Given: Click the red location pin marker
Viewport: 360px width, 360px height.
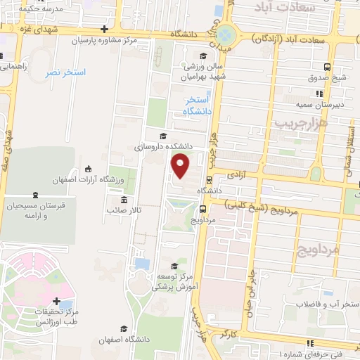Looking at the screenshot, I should coord(181,166).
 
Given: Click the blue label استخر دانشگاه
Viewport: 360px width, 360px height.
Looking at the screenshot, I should coord(198,106).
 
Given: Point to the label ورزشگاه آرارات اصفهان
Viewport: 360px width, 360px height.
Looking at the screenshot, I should coord(88,180).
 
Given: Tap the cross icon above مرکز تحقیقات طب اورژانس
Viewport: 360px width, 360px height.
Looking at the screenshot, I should coord(56,301).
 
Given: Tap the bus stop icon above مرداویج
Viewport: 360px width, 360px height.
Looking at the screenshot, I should coord(202,208).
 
